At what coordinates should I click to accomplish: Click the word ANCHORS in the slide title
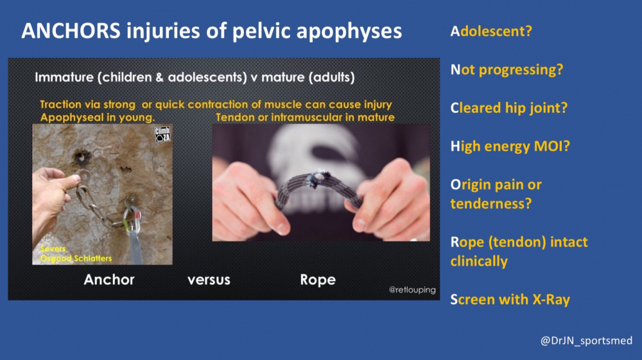71,31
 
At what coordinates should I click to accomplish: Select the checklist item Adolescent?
491,31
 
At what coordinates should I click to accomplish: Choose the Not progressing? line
507,69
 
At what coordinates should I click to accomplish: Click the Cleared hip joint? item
509,108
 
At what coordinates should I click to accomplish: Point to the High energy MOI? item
510,146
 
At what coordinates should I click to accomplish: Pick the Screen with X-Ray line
510,300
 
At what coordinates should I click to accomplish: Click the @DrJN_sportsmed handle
586,340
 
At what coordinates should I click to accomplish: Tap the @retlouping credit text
412,289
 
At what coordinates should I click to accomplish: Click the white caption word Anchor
109,279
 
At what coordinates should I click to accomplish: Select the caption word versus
209,280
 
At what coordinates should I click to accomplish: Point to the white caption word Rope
318,280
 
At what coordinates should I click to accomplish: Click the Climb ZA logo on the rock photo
162,134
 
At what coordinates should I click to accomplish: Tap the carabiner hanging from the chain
132,219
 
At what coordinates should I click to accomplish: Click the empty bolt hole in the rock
81,157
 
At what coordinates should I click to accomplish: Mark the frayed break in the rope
318,179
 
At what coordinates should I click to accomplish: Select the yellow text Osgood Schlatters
76,259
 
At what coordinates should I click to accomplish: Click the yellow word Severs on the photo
53,249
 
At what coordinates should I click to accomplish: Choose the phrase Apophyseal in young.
98,117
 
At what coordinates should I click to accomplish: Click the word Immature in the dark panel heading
64,77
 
